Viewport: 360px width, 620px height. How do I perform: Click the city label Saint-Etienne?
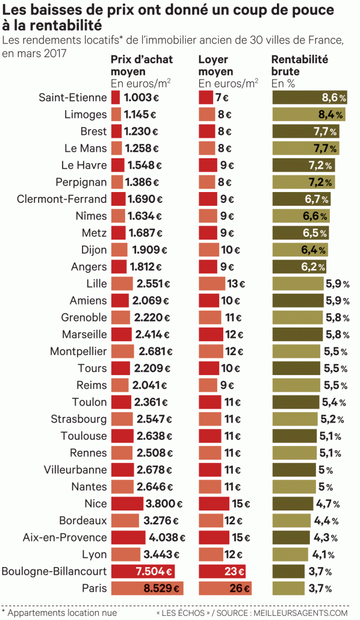click(x=72, y=98)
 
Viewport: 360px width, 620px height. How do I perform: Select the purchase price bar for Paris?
click(x=147, y=588)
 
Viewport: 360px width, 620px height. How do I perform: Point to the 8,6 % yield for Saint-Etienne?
click(x=334, y=98)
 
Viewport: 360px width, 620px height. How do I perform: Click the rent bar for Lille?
click(x=211, y=284)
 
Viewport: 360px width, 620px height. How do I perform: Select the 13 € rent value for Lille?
click(x=235, y=284)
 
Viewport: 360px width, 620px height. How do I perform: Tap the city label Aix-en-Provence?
click(x=64, y=538)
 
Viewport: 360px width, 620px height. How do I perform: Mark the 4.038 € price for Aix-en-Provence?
click(x=166, y=538)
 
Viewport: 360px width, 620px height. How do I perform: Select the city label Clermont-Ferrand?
click(x=62, y=199)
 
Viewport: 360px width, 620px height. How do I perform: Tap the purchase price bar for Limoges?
click(x=116, y=114)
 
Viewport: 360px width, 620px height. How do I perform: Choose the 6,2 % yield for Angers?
click(x=314, y=267)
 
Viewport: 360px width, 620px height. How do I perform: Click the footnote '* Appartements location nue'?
click(x=58, y=612)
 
